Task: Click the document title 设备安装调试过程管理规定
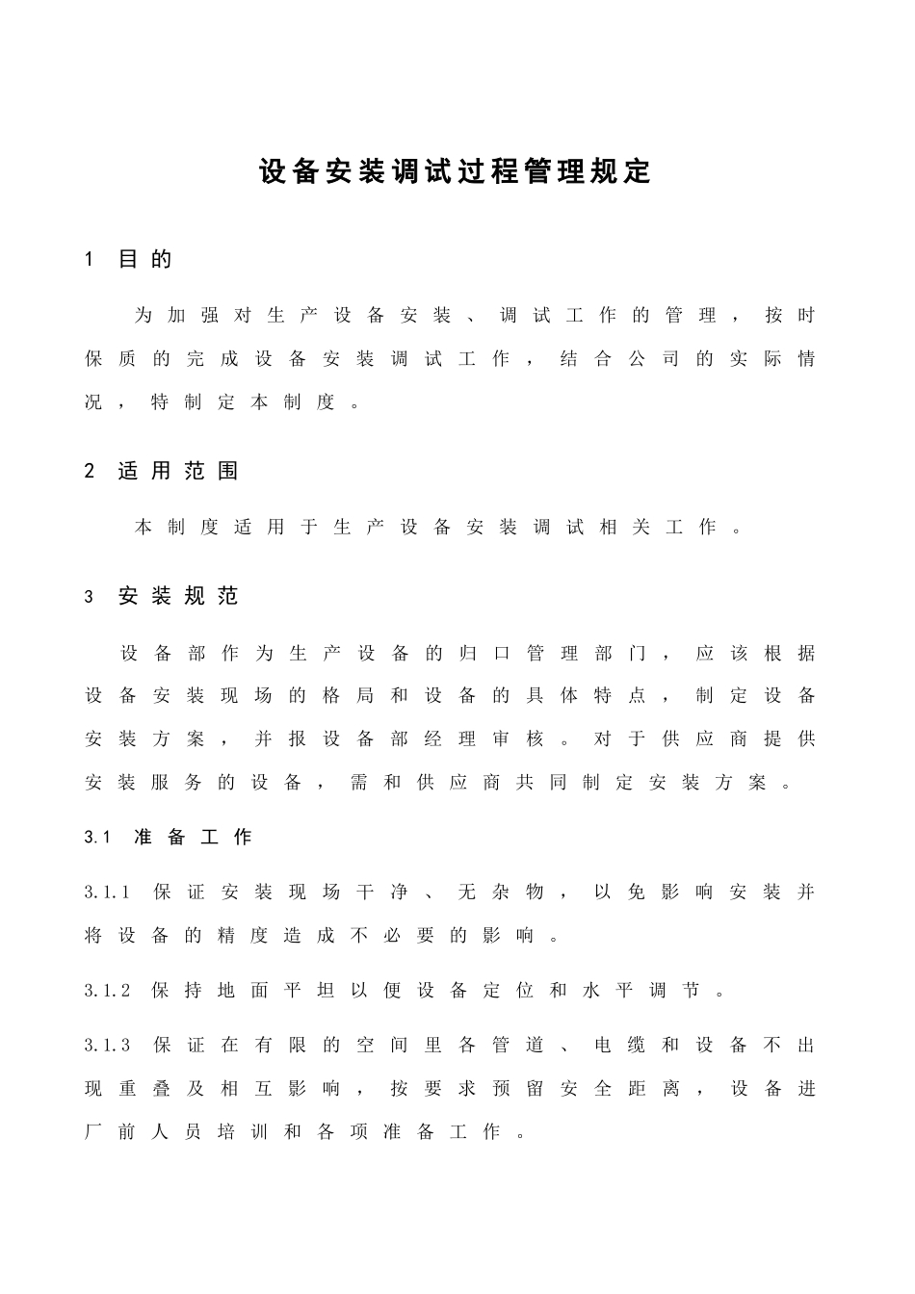pyautogui.click(x=456, y=171)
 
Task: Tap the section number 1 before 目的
pyautogui.click(x=90, y=259)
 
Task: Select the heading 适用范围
pyautogui.click(x=178, y=471)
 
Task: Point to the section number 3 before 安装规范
pyautogui.click(x=90, y=597)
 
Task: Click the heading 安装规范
pyautogui.click(x=178, y=596)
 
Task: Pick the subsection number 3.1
pyautogui.click(x=98, y=838)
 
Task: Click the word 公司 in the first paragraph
pyautogui.click(x=653, y=359)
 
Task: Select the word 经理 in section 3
pyautogui.click(x=450, y=739)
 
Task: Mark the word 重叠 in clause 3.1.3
pyautogui.click(x=144, y=1089)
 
